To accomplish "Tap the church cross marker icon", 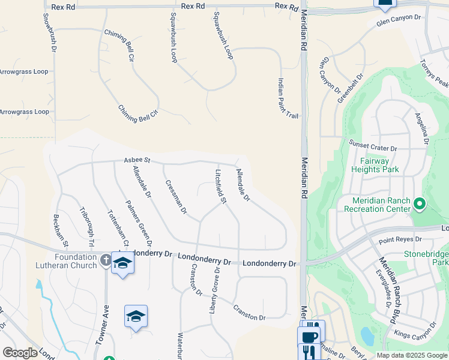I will pos(106,260).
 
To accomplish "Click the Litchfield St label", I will pos(220,186).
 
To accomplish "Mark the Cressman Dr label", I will pos(176,197).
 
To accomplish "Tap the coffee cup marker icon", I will pos(310,336).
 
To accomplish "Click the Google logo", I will pos(20,353).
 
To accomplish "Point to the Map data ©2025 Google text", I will pos(411,355).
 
